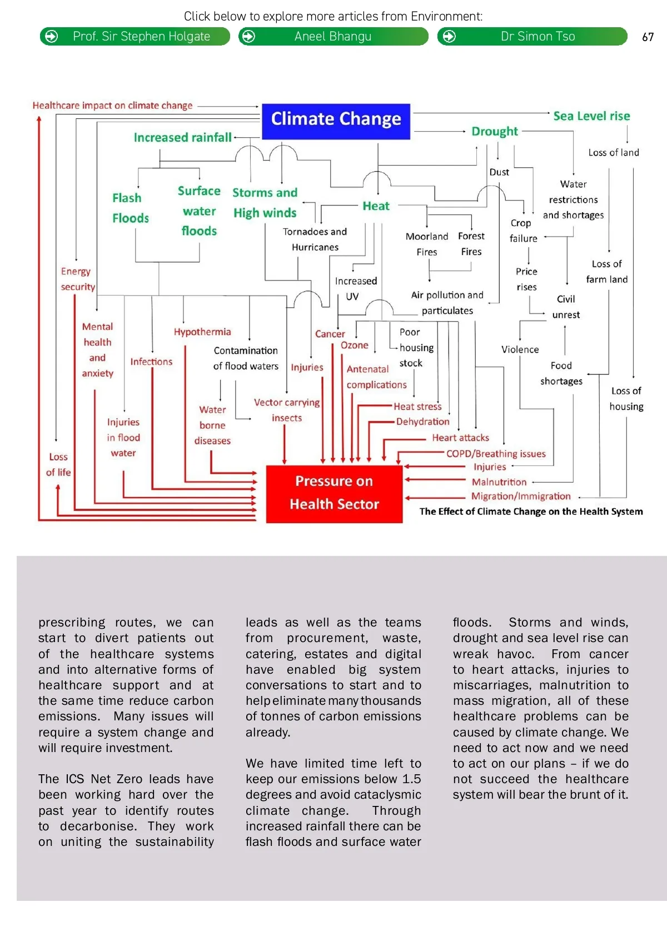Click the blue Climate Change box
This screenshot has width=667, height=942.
pyautogui.click(x=336, y=121)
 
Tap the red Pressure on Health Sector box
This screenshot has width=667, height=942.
pyautogui.click(x=334, y=493)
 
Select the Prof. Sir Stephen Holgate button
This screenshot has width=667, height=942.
pyautogui.click(x=135, y=37)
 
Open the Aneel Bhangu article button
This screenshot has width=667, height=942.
pyautogui.click(x=333, y=37)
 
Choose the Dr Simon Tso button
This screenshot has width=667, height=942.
pyautogui.click(x=532, y=37)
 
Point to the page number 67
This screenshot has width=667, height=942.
pyautogui.click(x=648, y=37)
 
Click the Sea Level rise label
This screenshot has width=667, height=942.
pyautogui.click(x=591, y=116)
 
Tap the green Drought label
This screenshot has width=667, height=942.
pyautogui.click(x=494, y=132)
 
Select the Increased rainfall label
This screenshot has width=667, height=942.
pyautogui.click(x=182, y=137)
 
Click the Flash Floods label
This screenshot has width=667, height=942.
pyautogui.click(x=130, y=208)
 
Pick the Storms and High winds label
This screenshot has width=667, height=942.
pyautogui.click(x=265, y=203)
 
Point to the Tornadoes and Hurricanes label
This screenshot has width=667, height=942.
pyautogui.click(x=315, y=239)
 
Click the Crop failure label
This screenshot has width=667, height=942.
pyautogui.click(x=523, y=231)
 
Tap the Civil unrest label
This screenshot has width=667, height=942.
pyautogui.click(x=566, y=307)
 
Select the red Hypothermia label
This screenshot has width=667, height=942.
pyautogui.click(x=202, y=332)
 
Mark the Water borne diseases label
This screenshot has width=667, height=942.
pyautogui.click(x=212, y=425)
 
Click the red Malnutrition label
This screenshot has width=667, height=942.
pyautogui.click(x=499, y=482)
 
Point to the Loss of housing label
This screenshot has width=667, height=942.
pyautogui.click(x=626, y=398)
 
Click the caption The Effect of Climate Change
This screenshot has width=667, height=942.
pyautogui.click(x=531, y=512)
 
